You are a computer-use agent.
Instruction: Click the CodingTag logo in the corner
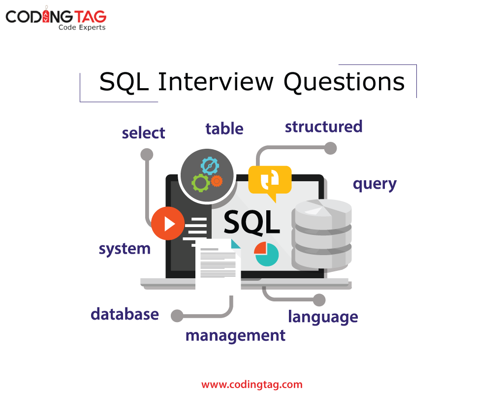[x=56, y=19]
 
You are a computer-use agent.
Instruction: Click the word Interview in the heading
[x=216, y=82]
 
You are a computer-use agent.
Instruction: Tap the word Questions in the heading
[x=344, y=82]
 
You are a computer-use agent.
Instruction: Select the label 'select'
[x=143, y=133]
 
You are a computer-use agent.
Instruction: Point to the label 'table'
[x=224, y=129]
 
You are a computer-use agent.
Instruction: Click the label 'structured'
[x=323, y=127]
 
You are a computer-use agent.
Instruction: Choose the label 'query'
[x=375, y=184]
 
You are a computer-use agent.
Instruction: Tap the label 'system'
[x=125, y=249]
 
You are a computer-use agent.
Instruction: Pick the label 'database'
[x=125, y=314]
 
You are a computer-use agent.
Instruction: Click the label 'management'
[x=235, y=336]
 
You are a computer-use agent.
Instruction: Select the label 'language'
[x=323, y=317]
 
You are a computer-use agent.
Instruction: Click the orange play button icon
[x=168, y=224]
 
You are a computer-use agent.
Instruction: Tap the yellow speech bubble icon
[x=270, y=181]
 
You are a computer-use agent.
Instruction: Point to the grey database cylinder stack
[x=322, y=234]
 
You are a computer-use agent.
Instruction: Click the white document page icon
[x=218, y=266]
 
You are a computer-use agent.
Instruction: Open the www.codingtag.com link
[x=252, y=384]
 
